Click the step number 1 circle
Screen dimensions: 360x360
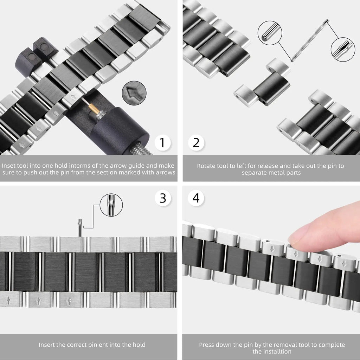162,143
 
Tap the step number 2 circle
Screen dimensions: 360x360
196,143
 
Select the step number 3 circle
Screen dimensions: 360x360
163,198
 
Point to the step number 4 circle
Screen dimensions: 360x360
196,198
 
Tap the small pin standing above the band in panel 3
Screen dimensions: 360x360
80,227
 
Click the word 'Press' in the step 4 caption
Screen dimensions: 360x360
207,345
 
